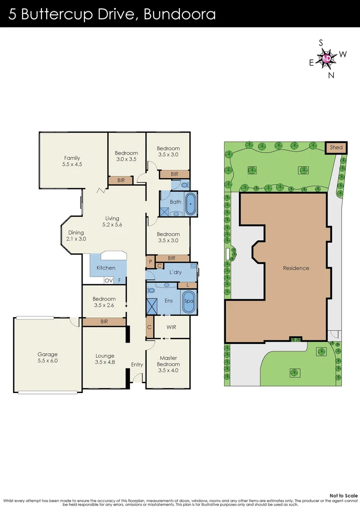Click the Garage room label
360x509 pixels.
48,354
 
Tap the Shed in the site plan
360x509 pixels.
336,148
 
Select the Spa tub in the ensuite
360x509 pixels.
188,301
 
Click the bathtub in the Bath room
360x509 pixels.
190,204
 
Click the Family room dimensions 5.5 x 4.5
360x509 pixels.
72,164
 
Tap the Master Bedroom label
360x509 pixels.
168,361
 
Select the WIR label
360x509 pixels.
172,327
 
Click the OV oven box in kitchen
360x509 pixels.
108,280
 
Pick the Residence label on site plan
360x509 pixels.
296,268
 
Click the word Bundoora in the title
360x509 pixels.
180,14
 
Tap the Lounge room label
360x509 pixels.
105,356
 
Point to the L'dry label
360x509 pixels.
175,272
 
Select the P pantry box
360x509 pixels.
150,262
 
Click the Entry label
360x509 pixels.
137,364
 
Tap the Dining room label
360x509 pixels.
76,232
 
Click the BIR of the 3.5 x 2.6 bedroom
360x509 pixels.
104,322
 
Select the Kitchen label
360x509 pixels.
106,268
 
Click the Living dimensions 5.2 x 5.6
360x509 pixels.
112,225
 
